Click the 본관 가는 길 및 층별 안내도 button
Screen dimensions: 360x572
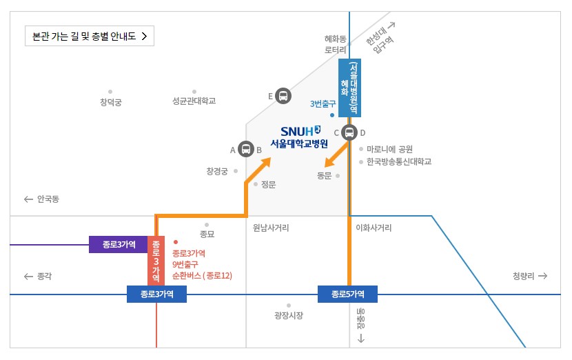coord(89,36)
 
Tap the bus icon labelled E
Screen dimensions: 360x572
coord(283,96)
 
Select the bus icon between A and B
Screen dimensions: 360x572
coord(246,148)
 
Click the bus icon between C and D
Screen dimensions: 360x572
coord(350,132)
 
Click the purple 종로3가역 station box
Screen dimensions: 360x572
coord(119,244)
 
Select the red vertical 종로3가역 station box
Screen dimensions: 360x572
coord(156,260)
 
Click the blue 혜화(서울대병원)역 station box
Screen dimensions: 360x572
coord(349,88)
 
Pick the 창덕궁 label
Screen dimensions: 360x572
coord(110,102)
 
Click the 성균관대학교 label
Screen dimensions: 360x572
coord(194,101)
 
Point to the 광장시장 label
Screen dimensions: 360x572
coord(289,316)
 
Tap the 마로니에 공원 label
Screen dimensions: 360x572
coord(390,149)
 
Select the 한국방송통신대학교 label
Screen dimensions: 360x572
coord(399,162)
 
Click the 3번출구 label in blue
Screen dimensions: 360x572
coord(323,104)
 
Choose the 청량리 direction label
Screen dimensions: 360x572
coord(529,276)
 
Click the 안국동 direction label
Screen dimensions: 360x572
coord(43,199)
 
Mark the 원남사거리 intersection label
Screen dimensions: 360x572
coord(271,227)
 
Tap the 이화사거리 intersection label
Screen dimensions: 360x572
coord(374,227)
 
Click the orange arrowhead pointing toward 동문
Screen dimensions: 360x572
coord(330,163)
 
